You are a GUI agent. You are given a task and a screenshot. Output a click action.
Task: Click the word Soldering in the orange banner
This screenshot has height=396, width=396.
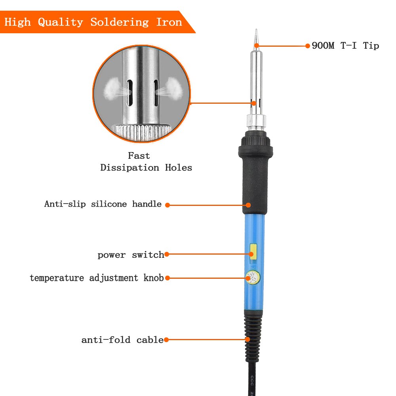[120, 22]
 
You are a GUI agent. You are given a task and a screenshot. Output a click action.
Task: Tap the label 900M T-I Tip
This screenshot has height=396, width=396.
[345, 46]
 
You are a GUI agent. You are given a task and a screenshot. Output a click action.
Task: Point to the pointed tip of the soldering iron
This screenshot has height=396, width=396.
[256, 30]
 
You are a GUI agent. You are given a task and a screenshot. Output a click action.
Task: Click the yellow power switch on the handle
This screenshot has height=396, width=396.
[253, 250]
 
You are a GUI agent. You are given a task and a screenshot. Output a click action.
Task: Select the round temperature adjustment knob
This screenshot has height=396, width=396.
[253, 278]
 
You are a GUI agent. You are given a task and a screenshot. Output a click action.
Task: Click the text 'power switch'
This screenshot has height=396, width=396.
[131, 255]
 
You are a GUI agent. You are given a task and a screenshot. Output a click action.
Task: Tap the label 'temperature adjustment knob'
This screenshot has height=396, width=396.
[97, 278]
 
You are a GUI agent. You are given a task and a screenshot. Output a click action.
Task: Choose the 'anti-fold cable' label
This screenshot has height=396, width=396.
[122, 340]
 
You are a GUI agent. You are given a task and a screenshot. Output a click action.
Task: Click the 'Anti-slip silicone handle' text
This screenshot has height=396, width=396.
[103, 204]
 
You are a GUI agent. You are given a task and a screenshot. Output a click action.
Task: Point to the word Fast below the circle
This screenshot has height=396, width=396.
[139, 156]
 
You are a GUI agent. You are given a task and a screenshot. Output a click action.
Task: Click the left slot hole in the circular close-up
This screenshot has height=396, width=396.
[129, 93]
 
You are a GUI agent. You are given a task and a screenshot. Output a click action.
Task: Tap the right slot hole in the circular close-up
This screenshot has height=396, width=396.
[156, 93]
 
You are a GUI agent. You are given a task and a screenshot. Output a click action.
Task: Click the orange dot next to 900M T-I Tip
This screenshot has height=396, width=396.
[308, 46]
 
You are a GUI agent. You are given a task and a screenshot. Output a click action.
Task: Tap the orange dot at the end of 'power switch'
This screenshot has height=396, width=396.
[167, 254]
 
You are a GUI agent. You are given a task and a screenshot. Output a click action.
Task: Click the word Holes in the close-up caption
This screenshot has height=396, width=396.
[179, 168]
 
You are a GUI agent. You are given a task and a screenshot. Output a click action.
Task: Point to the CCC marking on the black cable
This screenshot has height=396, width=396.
[252, 381]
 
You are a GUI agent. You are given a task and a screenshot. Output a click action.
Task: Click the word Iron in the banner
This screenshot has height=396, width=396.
[169, 22]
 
